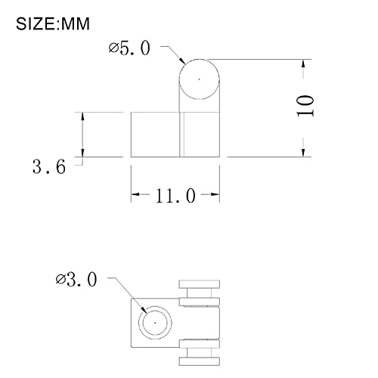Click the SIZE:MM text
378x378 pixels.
tap(53, 24)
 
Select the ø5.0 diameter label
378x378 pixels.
tap(129, 48)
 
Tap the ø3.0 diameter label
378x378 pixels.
tap(76, 279)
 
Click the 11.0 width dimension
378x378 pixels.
tap(175, 195)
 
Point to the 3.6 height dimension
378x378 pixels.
tap(49, 166)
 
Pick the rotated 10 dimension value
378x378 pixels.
tap(305, 106)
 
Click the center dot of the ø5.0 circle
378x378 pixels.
tap(199, 79)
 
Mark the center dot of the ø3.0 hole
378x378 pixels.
tap(155, 323)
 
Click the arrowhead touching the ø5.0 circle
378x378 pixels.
tap(181, 60)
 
